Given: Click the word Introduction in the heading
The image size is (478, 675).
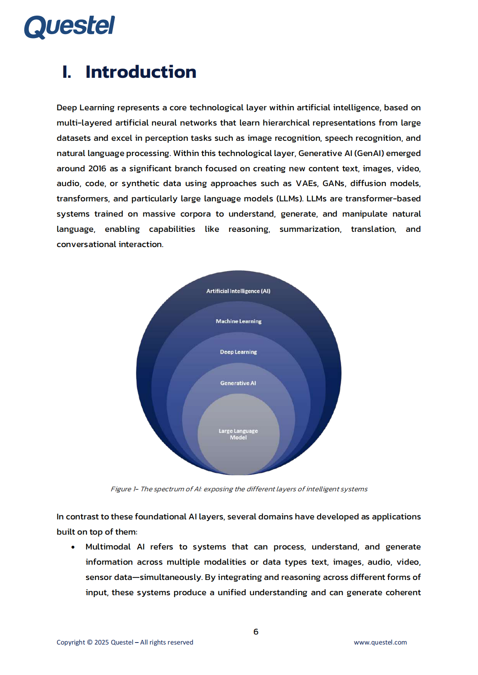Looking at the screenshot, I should [x=141, y=72].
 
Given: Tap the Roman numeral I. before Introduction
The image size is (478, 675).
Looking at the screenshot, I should [x=67, y=72].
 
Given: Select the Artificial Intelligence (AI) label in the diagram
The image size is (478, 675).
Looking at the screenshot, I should [x=238, y=291].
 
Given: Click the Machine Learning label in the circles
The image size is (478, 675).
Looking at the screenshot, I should [x=239, y=321].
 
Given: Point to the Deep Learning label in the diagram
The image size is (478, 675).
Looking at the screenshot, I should [x=238, y=352].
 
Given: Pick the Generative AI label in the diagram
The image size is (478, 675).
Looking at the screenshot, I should [x=238, y=383].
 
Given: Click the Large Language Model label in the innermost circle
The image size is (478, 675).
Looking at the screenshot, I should [x=238, y=434].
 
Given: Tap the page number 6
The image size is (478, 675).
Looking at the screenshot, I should [x=256, y=632].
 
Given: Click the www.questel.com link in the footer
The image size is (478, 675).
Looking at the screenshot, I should [x=380, y=643].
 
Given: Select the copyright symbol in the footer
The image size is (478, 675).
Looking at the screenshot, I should [x=90, y=643].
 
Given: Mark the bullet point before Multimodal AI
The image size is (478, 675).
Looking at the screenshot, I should [x=73, y=547].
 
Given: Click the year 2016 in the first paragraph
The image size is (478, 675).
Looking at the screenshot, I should [x=97, y=168].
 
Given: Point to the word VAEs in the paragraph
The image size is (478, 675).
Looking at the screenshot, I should [x=306, y=184].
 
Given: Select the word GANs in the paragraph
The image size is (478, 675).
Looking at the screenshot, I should [x=333, y=184].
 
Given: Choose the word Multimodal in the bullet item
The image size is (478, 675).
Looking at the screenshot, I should [x=108, y=547].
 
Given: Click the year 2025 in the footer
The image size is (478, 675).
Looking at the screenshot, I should [x=102, y=643].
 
